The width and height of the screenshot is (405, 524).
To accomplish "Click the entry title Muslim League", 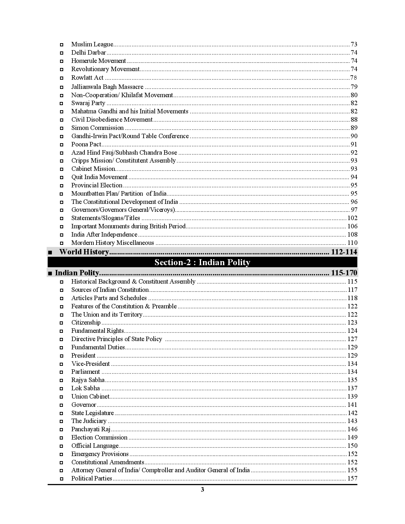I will pyautogui.click(x=92, y=44).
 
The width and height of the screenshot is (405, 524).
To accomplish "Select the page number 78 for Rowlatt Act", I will pyautogui.click(x=354, y=78).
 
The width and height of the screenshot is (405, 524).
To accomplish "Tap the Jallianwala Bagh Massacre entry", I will pyautogui.click(x=107, y=87).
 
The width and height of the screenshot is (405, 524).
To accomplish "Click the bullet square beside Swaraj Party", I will pyautogui.click(x=62, y=104).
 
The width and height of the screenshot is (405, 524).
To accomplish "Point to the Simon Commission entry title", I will pyautogui.click(x=97, y=128).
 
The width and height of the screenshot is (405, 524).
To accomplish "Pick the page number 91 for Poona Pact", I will pyautogui.click(x=354, y=144).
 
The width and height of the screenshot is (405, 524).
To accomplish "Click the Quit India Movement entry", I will pyautogui.click(x=99, y=177).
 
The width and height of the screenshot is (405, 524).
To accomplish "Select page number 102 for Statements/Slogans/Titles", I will pyautogui.click(x=352, y=218).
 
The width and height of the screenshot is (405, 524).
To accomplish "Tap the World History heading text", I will pyautogui.click(x=84, y=252).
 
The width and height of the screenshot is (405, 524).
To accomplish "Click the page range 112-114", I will pyautogui.click(x=344, y=252).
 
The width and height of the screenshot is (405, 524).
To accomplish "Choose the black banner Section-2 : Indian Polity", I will pyautogui.click(x=202, y=262).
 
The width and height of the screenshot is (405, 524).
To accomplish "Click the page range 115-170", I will pyautogui.click(x=344, y=273).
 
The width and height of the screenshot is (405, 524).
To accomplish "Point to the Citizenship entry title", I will pyautogui.click(x=86, y=323).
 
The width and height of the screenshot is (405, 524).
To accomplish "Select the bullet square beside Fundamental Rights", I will pyautogui.click(x=62, y=331).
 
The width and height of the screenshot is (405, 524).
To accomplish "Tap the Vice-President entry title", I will pyautogui.click(x=90, y=364).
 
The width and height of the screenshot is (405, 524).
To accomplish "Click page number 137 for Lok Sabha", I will pyautogui.click(x=352, y=388).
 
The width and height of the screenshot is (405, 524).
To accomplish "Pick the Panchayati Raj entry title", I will pyautogui.click(x=91, y=429).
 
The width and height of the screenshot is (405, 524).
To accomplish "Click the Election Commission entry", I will pyautogui.click(x=99, y=438).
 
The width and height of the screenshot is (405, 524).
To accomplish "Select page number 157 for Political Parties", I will pyautogui.click(x=352, y=479).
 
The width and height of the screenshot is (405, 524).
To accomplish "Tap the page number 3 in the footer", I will pyautogui.click(x=202, y=490).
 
